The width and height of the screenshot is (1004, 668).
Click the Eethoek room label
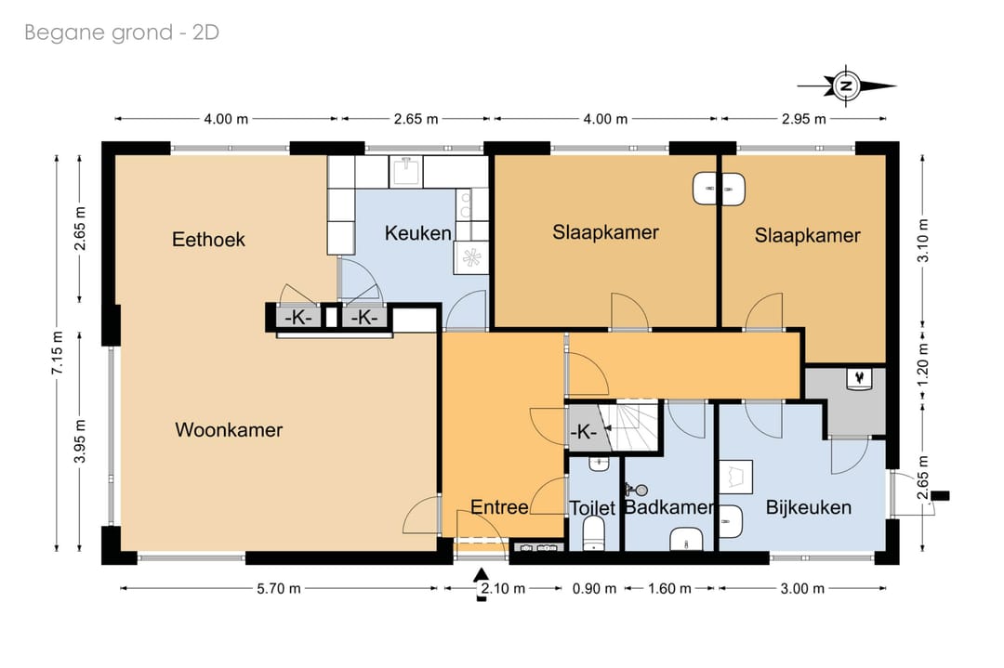209,240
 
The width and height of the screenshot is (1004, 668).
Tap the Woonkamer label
229,429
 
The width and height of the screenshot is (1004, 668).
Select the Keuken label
417,233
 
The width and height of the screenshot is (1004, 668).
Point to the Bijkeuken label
809,507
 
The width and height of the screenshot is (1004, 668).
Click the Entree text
499,507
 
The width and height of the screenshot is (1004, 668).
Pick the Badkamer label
669,507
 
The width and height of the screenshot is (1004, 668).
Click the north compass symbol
847,85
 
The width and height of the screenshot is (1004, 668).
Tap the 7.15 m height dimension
58,353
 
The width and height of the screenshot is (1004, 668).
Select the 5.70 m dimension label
279,588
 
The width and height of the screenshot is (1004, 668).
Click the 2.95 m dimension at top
803,119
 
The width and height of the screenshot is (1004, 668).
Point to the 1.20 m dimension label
923,365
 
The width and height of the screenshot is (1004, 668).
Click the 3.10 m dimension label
923,241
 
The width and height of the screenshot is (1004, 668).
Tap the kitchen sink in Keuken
406,172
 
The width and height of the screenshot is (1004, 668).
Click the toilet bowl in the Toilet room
594,533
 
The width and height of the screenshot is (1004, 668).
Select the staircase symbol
630,425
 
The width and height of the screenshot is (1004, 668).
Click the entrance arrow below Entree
482,584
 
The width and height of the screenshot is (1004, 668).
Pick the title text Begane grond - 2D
122,33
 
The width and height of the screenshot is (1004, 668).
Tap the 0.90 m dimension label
594,588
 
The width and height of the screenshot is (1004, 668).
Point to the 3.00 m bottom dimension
802,588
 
